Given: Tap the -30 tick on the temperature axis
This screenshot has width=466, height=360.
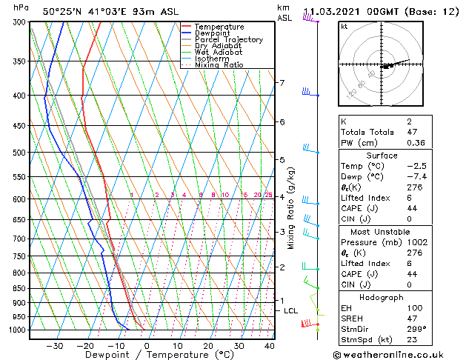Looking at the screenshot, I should point(55,345).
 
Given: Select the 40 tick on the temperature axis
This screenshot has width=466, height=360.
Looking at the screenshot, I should point(269,345).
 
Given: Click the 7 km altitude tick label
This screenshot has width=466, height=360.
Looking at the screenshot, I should point(282,82).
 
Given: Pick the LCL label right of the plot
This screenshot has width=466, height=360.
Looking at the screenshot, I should point(291,311).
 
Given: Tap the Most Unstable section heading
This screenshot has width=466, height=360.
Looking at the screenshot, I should point(392,232).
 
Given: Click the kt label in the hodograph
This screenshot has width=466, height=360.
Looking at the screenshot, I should point(344,26).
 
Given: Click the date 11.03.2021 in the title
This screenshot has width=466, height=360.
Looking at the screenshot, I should point(338,11).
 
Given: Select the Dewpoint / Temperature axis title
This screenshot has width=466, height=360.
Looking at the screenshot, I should point(147,355).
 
